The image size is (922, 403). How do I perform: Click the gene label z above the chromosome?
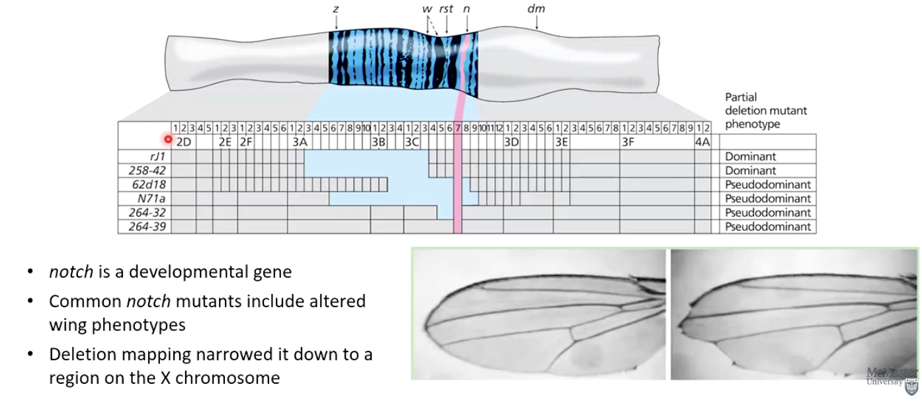click(x=336, y=9)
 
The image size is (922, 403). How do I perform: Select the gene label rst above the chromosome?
click(x=446, y=9)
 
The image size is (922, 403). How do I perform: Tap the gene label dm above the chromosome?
click(x=536, y=9)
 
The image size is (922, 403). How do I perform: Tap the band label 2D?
click(x=184, y=141)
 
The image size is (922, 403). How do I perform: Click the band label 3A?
click(x=300, y=141)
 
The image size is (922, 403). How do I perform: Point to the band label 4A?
click(x=702, y=141)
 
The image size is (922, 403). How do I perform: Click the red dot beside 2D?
click(x=168, y=139)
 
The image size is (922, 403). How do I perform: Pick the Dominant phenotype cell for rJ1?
click(x=750, y=157)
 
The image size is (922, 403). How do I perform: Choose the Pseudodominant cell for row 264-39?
click(x=767, y=227)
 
